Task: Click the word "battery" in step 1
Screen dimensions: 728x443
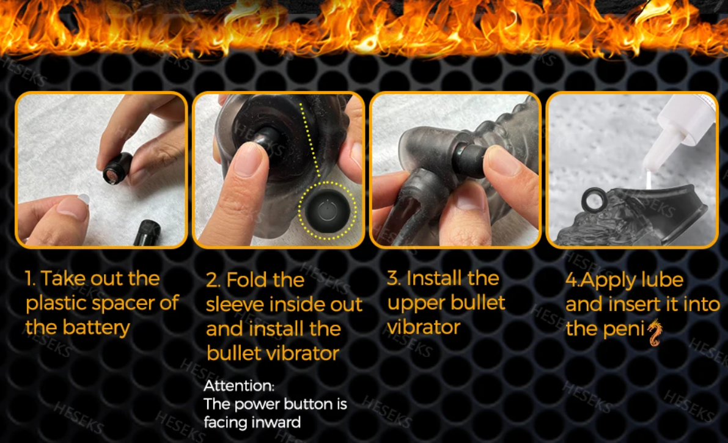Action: pos(97,328)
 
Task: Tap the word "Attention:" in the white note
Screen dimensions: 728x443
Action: pos(239,386)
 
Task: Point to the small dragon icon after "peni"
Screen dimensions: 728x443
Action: pos(654,332)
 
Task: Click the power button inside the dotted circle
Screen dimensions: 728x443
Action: pos(328,211)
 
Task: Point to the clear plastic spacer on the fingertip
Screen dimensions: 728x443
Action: pos(83,199)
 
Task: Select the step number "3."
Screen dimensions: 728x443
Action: pos(394,278)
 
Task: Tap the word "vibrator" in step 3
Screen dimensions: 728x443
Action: pos(424,328)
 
